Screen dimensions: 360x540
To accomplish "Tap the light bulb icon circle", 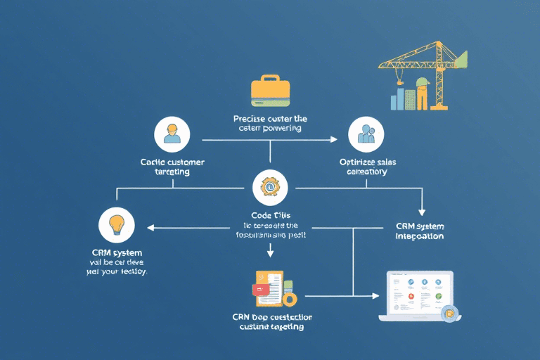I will point(116,224).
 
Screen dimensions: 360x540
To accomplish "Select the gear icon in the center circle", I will point(270,187).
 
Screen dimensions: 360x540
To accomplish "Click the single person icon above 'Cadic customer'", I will point(172,134).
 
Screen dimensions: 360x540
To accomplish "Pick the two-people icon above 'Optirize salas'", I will point(366,134).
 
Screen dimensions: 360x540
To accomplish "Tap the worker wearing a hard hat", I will point(422,93).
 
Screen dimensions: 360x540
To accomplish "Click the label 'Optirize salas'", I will point(367,166).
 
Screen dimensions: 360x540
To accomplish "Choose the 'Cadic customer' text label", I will point(172,166).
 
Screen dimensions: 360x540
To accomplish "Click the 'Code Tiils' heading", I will point(271,214).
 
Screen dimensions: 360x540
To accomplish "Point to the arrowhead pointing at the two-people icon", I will point(334,139).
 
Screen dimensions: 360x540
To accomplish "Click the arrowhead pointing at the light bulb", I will point(149,227).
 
